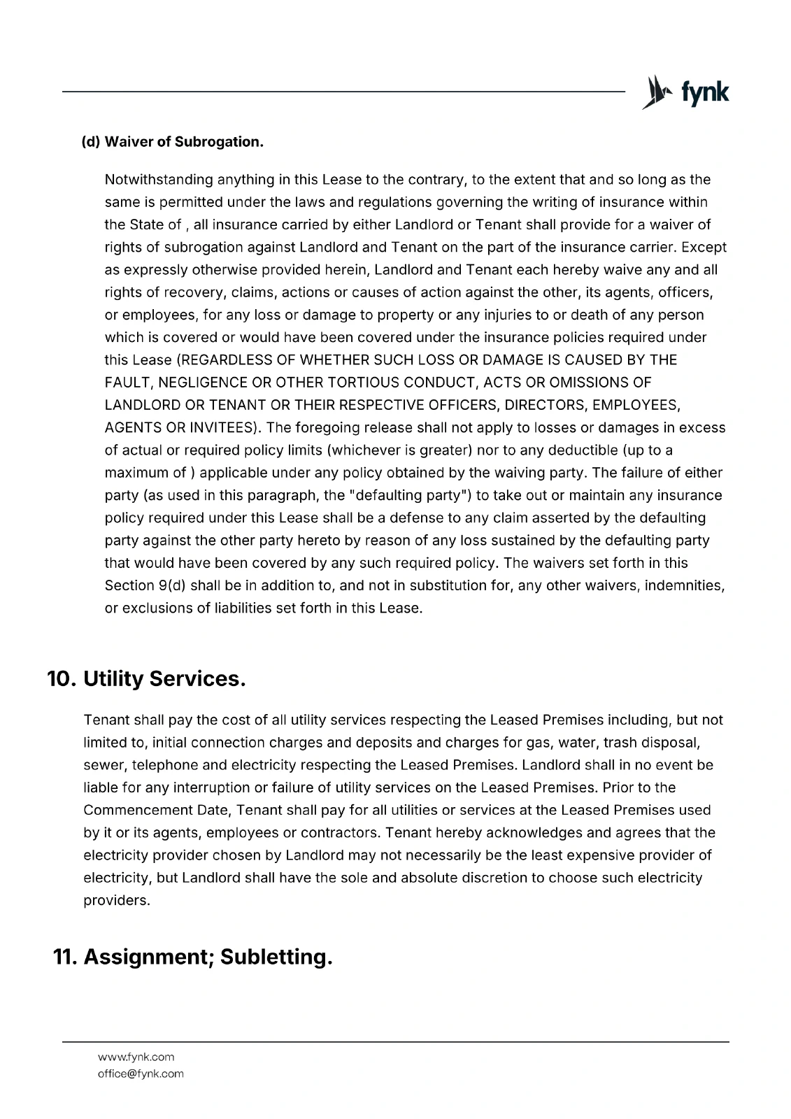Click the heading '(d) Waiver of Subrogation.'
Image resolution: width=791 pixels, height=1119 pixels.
click(173, 142)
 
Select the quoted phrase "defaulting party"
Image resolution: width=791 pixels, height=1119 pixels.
click(408, 496)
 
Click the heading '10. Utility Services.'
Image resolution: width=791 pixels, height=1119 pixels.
click(146, 679)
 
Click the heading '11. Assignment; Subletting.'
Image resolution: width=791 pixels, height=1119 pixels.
click(192, 957)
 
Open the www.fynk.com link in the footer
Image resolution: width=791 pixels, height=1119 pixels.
click(136, 1057)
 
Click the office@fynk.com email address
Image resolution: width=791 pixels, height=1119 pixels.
click(141, 1074)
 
